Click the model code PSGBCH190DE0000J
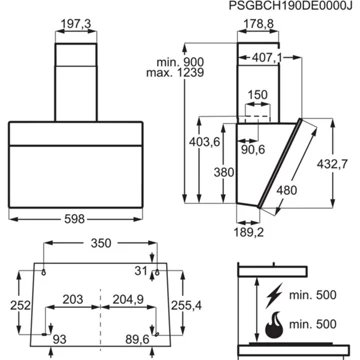click(x=291, y=7)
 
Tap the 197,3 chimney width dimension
click(x=76, y=24)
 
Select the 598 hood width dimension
click(x=75, y=219)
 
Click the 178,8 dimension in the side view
click(x=258, y=24)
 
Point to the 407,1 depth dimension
click(x=267, y=58)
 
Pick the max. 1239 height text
click(x=175, y=73)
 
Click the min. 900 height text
click(x=180, y=62)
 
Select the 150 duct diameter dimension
click(x=257, y=95)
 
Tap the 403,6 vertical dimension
click(x=205, y=142)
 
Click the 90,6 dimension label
click(x=252, y=150)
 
